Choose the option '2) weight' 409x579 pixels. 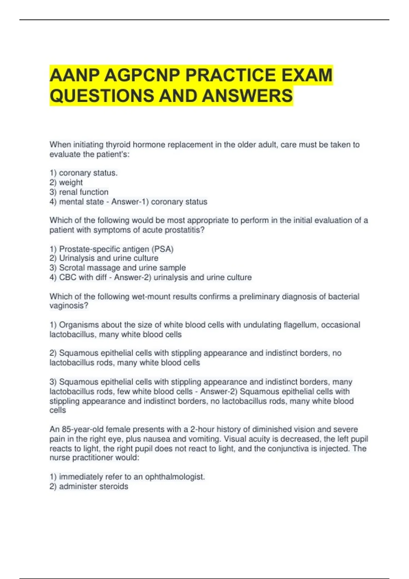pyautogui.click(x=66, y=183)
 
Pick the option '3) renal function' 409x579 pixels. pyautogui.click(x=79, y=192)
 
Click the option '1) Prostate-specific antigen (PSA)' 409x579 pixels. pyautogui.click(x=111, y=249)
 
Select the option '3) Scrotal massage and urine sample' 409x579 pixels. pyautogui.click(x=118, y=268)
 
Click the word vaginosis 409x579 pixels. pyautogui.click(x=68, y=306)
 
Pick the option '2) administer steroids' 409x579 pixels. pyautogui.click(x=89, y=486)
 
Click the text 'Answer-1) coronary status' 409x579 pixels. pyautogui.click(x=159, y=202)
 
